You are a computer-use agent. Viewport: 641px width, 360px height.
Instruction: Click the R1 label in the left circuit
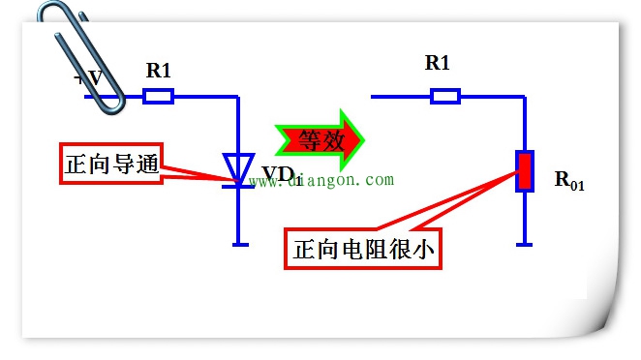tap(159, 70)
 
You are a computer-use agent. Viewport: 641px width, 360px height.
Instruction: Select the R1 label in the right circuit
tap(438, 63)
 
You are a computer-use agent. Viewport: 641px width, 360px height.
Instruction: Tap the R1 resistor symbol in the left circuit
tap(158, 96)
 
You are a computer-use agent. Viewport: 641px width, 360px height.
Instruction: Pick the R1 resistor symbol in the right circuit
tap(444, 96)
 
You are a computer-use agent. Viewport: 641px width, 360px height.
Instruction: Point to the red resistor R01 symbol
tap(524, 170)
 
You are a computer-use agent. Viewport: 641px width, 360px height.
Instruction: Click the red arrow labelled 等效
tap(320, 139)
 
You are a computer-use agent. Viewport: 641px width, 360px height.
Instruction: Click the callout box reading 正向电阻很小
tap(364, 251)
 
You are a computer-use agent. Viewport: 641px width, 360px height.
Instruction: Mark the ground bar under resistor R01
tap(524, 244)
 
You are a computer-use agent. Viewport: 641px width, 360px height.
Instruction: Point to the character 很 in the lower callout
tap(400, 251)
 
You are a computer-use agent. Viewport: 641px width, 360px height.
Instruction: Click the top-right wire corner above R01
tap(524, 96)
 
